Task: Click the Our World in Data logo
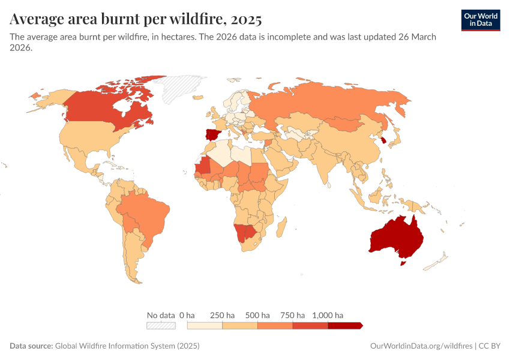(x=481, y=20)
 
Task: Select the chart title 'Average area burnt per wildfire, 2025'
(x=136, y=19)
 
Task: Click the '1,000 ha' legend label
(x=328, y=315)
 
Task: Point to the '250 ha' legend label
(x=222, y=315)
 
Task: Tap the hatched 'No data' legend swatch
(x=161, y=325)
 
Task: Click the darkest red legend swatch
(x=345, y=325)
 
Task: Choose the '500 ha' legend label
(x=257, y=315)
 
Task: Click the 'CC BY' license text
(x=490, y=346)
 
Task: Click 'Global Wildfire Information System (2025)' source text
(x=127, y=346)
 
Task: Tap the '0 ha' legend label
(x=187, y=315)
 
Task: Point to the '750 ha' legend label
(x=293, y=315)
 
